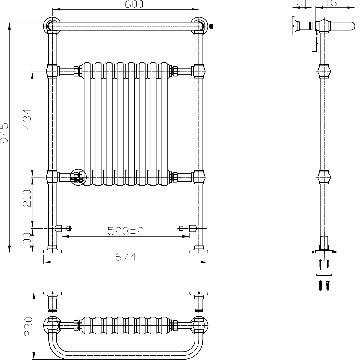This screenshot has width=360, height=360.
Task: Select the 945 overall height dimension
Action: pyautogui.click(x=5, y=132)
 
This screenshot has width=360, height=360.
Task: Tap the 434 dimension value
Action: pyautogui.click(x=27, y=119)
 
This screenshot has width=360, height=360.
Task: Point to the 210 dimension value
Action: pyautogui.click(x=27, y=198)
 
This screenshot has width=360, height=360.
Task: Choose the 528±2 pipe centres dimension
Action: pyautogui.click(x=126, y=231)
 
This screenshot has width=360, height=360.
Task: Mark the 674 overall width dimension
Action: pyautogui.click(x=126, y=257)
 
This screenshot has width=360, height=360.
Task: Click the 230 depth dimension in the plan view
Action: pyautogui.click(x=28, y=327)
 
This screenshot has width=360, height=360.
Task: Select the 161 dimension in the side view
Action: pyautogui.click(x=333, y=3)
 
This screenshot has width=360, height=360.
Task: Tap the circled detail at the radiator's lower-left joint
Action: pyautogui.click(x=78, y=177)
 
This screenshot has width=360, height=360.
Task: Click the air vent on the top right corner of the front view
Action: pyautogui.click(x=211, y=26)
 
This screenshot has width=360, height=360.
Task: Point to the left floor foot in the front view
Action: pyautogui.click(x=52, y=250)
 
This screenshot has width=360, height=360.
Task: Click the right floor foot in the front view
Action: pyautogui.click(x=199, y=250)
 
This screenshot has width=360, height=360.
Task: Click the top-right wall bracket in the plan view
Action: pyautogui.click(x=199, y=301)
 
